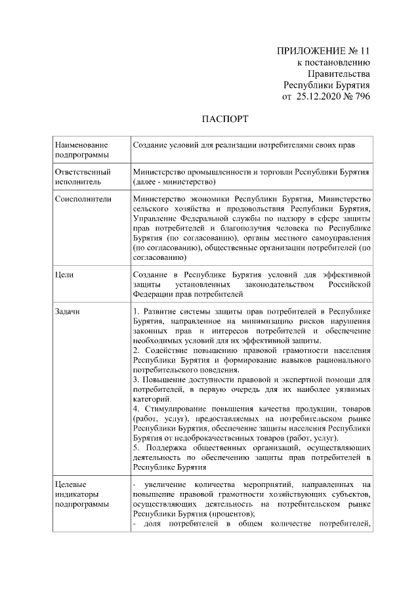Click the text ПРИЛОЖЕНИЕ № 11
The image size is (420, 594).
point(324,51)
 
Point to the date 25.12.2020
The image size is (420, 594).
point(322,96)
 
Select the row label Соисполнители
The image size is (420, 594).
point(81,198)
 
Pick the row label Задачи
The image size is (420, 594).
point(68,311)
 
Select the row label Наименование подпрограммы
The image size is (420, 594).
point(83,148)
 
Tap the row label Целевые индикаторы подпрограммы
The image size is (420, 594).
point(80,494)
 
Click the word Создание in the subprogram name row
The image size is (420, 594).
point(149,143)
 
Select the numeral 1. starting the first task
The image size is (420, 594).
point(135,311)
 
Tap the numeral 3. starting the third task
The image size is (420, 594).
point(135,379)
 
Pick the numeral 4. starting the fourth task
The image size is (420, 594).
point(135,409)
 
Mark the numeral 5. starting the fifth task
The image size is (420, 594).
point(135,448)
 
